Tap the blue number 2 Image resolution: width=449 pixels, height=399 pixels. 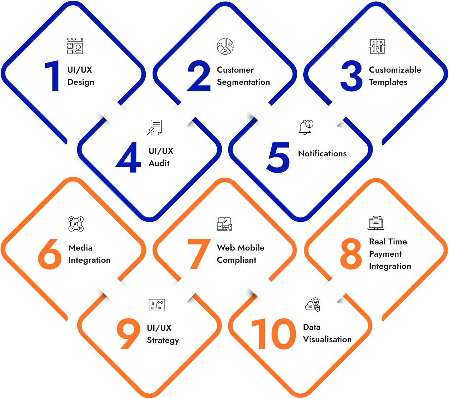(x=199, y=76)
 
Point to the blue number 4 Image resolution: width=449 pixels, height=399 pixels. (x=128, y=158)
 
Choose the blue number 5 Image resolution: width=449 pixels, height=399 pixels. (x=278, y=157)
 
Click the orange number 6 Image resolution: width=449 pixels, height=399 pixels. (x=50, y=254)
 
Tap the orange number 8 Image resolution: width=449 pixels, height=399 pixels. (x=351, y=254)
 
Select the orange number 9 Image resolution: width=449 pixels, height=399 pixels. (x=128, y=334)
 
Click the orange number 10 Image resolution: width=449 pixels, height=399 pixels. (x=273, y=334)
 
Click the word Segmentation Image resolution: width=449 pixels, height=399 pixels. (x=243, y=82)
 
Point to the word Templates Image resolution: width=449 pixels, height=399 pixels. (x=388, y=82)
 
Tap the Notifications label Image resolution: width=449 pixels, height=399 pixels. (x=322, y=153)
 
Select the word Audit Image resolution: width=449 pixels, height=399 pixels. (x=159, y=163)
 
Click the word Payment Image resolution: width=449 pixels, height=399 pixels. (x=385, y=254)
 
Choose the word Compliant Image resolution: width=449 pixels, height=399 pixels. (x=237, y=260)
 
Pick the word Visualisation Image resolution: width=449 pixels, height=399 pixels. (x=327, y=340)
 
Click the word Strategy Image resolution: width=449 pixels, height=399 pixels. (x=163, y=340)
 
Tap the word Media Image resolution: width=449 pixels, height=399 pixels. (x=80, y=248)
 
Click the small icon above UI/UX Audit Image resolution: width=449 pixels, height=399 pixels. (x=155, y=127)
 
